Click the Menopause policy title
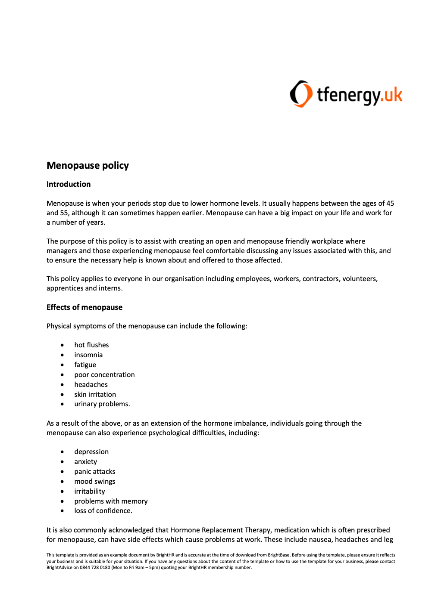tap(88, 166)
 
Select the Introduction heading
tap(69, 184)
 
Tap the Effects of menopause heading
tap(84, 307)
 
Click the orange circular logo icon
tap(300, 94)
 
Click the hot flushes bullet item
tap(91, 345)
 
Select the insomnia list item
tap(88, 355)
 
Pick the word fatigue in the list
tap(85, 365)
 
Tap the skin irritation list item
tap(95, 395)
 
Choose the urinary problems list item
tap(102, 404)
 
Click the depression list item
tap(91, 452)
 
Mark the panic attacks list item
tap(94, 472)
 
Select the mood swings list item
tap(94, 482)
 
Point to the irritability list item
tap(89, 492)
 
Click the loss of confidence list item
tap(103, 511)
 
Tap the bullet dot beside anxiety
tap(63, 462)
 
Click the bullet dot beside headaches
tap(63, 385)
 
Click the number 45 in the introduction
tap(390, 204)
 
